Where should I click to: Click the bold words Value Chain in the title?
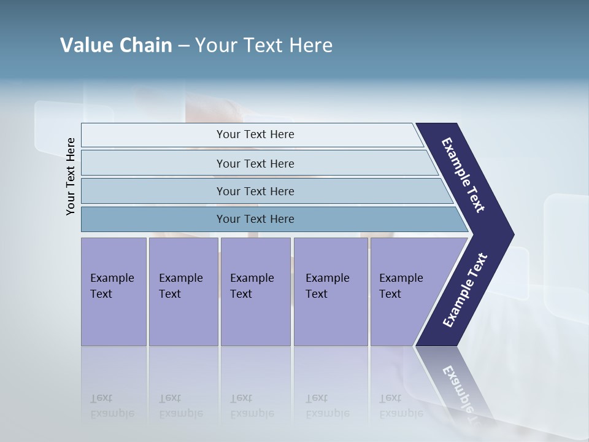116,45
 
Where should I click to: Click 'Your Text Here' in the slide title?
264,45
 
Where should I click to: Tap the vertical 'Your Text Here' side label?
71,176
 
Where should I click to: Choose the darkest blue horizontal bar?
153,219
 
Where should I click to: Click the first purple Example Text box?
114,292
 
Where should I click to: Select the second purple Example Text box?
183,292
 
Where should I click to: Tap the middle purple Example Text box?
255,292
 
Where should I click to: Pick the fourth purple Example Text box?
331,292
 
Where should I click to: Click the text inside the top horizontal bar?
255,134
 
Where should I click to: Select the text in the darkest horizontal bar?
255,219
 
